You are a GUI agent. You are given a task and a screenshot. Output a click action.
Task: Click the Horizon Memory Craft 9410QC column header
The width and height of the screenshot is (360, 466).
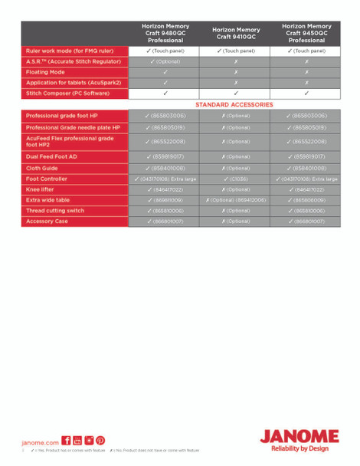pos(237,33)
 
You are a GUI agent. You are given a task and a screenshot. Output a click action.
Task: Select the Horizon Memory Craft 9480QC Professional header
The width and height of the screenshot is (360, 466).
pos(165,33)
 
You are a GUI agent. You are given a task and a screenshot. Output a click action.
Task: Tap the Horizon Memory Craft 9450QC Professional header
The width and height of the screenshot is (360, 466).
pos(306,33)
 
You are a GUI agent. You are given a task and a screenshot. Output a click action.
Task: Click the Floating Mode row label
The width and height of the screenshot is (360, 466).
pos(46,72)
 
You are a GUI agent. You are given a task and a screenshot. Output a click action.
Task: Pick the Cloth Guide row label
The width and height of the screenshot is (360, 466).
pos(42,167)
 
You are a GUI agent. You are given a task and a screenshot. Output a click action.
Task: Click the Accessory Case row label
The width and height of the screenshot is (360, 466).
pos(47,221)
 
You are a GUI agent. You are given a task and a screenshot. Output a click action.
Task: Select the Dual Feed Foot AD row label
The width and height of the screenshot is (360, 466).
pos(51,156)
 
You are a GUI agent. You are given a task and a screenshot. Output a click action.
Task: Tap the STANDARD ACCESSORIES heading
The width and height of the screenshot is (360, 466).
pos(234,103)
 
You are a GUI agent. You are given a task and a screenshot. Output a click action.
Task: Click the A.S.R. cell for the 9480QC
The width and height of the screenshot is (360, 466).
pos(165,61)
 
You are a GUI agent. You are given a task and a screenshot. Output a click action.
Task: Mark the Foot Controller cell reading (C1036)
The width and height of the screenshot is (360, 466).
pos(235,179)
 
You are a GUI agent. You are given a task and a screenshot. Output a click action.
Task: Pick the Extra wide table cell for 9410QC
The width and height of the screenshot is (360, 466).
pos(235,199)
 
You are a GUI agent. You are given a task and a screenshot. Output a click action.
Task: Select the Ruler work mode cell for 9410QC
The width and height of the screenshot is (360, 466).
pos(235,51)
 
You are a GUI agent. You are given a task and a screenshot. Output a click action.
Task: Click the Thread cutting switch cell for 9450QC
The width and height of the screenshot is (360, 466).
pos(306,210)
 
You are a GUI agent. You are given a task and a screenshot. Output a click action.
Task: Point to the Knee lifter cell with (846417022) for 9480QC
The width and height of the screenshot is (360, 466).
pos(165,189)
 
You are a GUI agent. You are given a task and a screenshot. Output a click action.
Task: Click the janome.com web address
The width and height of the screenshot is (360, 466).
pos(41,442)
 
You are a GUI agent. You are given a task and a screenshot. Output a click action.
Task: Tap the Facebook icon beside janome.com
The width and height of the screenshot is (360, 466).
pos(66,441)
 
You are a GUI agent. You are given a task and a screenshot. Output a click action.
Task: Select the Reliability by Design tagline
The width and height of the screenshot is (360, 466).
pos(300,449)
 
